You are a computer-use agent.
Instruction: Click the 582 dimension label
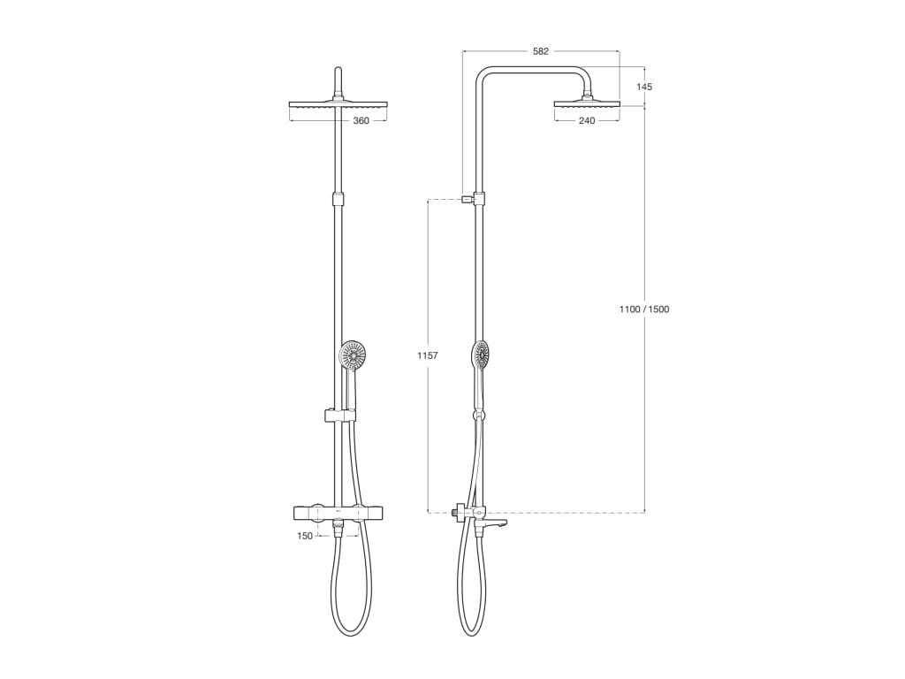tap(540, 51)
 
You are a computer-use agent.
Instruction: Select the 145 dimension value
tap(644, 87)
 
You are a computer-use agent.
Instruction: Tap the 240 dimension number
tap(587, 121)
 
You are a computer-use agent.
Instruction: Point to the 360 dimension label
tap(361, 121)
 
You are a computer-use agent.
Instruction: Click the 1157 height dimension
tap(428, 355)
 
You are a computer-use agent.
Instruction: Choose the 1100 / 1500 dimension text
tap(644, 309)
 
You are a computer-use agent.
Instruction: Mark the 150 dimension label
tap(305, 536)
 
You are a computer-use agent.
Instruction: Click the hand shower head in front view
tap(354, 355)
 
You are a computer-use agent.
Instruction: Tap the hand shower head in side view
tap(481, 355)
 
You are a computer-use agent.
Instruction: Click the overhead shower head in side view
tap(587, 103)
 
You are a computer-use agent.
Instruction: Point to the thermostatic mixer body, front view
tap(338, 512)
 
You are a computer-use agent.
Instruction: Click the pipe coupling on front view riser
tap(337, 199)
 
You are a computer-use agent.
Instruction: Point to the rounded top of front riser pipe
tap(337, 70)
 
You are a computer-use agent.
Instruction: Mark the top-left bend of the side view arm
tap(482, 73)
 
